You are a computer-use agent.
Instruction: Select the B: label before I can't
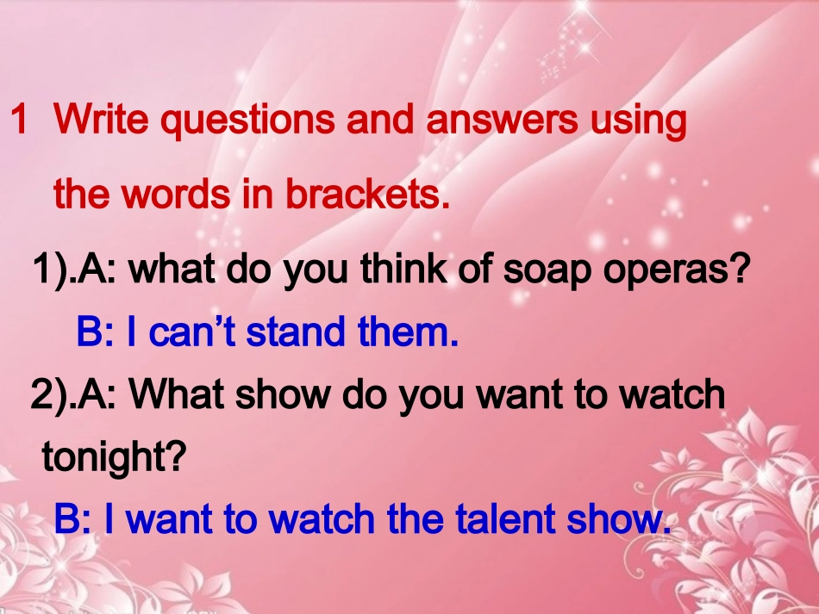tap(96, 332)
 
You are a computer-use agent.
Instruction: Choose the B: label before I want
tap(73, 519)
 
